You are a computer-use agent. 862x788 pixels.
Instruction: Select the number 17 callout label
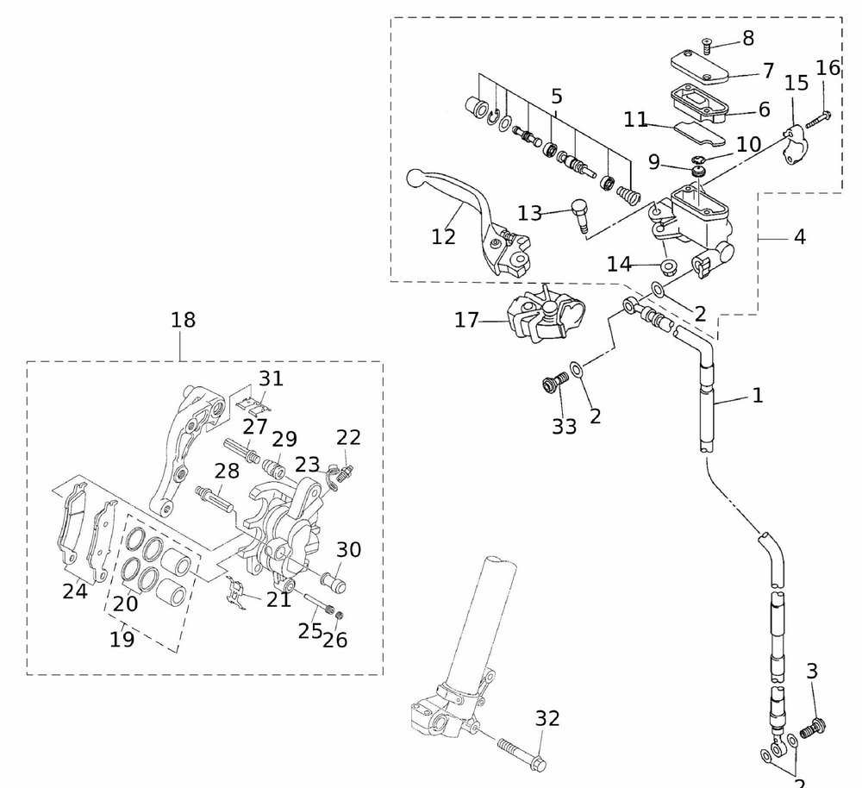(x=466, y=321)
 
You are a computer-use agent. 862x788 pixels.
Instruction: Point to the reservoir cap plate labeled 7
(x=700, y=66)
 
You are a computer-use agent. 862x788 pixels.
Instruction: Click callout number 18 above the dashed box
(x=183, y=321)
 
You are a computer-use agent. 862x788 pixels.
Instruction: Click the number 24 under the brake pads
(x=74, y=591)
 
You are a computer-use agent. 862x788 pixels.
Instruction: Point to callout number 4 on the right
(x=800, y=235)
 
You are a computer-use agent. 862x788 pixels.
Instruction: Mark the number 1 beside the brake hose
(x=757, y=396)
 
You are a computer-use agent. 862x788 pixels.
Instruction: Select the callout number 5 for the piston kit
(x=556, y=96)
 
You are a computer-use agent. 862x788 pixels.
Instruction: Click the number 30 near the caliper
(x=348, y=549)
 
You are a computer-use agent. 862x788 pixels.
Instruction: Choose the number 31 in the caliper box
(x=271, y=378)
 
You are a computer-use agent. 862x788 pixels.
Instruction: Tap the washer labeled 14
(x=668, y=264)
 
